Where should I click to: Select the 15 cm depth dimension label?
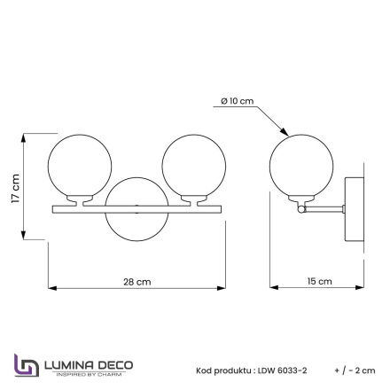tap(319, 281)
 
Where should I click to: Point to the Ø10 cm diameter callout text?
tap(238, 101)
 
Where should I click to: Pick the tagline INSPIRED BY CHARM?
tap(88, 373)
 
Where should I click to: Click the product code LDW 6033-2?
tap(283, 371)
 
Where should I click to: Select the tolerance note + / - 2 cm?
tap(355, 371)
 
